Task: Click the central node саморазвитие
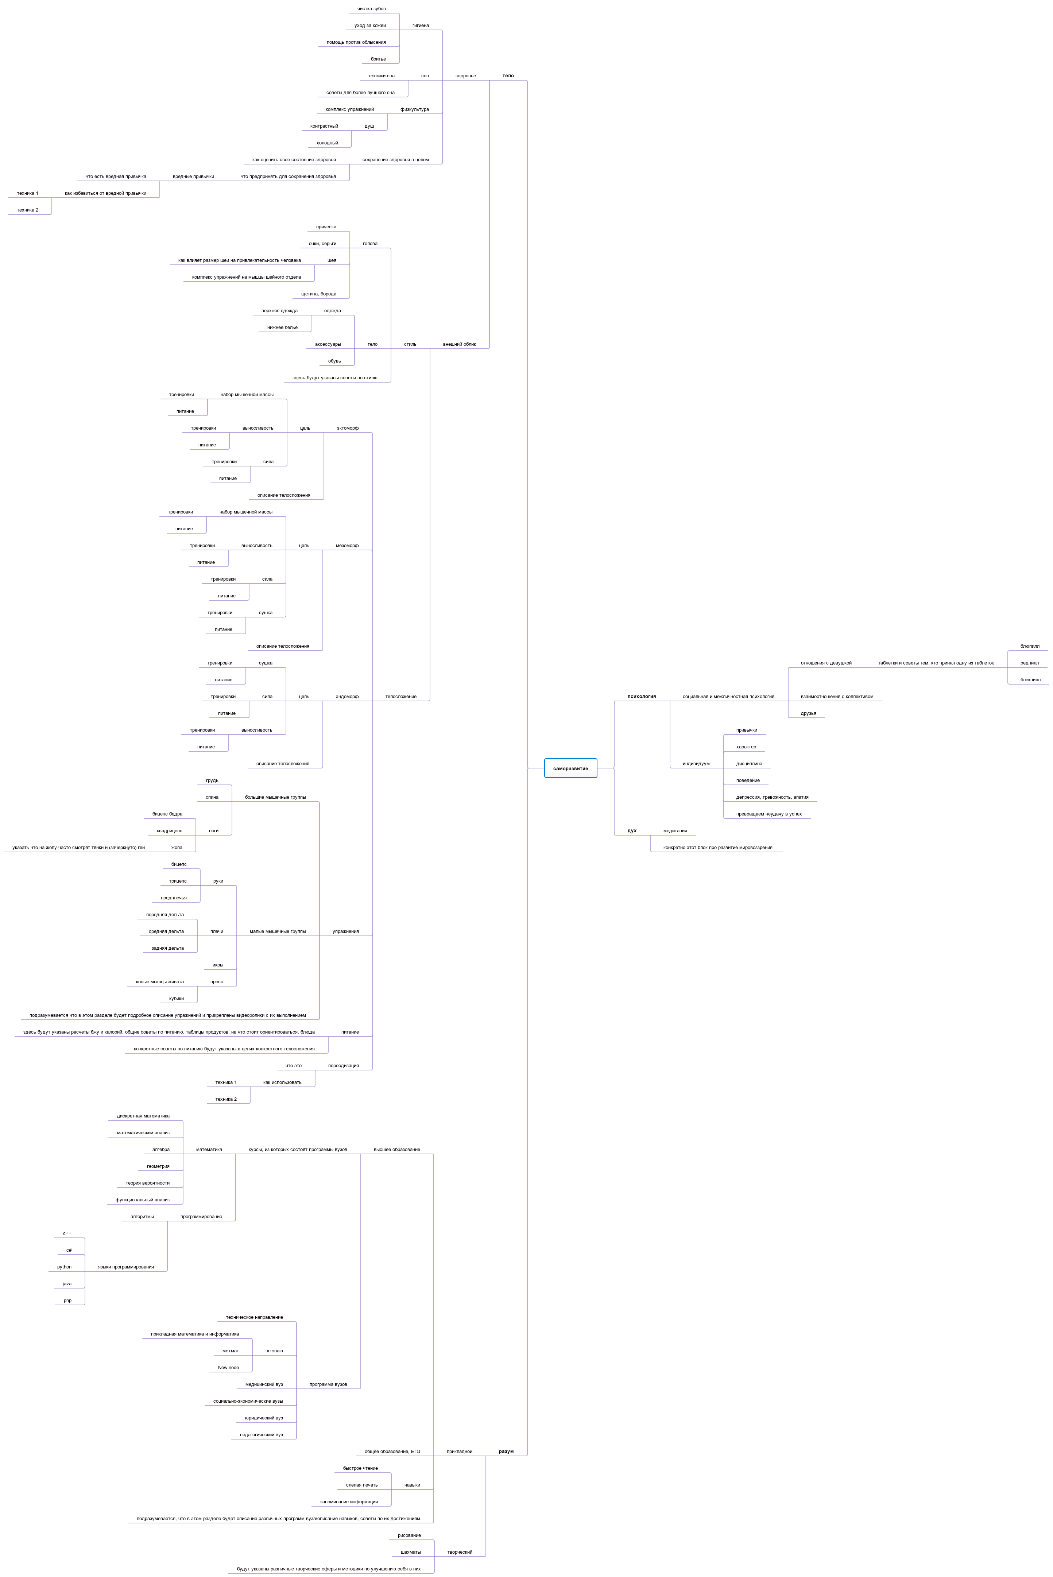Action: tap(570, 768)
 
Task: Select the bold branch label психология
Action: tap(641, 696)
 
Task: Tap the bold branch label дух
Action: tap(632, 830)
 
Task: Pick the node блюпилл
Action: tap(1030, 646)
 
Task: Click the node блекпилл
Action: tap(1030, 679)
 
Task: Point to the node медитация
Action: tap(675, 830)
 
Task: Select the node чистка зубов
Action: tap(371, 9)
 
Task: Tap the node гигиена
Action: tap(421, 26)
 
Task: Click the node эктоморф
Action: tap(347, 428)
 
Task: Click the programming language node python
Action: tap(65, 1267)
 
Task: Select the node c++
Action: tap(67, 1233)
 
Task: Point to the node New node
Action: tap(228, 1368)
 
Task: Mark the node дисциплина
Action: tap(749, 763)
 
